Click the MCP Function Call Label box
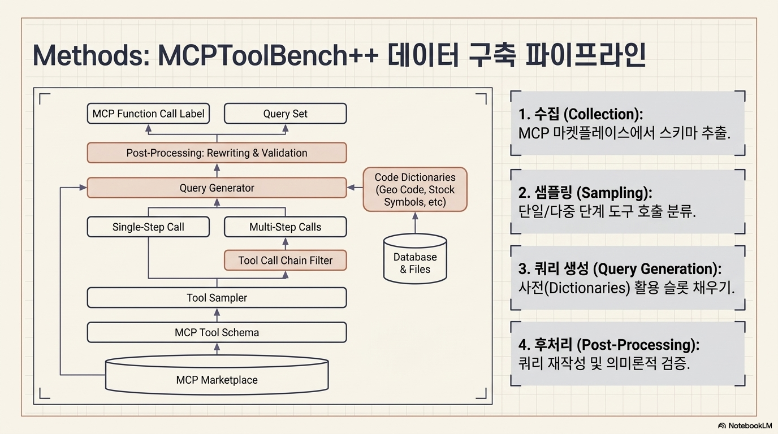click(148, 114)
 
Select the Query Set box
click(285, 114)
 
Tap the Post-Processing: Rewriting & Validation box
click(217, 153)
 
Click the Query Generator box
click(217, 188)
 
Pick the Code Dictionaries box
click(415, 189)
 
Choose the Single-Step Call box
click(148, 227)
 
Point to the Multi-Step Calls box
click(285, 227)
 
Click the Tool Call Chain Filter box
click(285, 260)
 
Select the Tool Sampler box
click(217, 298)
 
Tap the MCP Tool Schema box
click(217, 332)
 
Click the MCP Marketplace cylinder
click(217, 375)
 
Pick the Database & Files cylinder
click(415, 259)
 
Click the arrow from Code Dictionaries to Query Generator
click(355, 188)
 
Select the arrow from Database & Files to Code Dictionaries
click(415, 223)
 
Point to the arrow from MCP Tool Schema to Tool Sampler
click(217, 315)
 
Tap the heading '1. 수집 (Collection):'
click(580, 114)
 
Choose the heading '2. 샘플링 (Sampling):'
click(585, 193)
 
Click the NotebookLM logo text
click(750, 426)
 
